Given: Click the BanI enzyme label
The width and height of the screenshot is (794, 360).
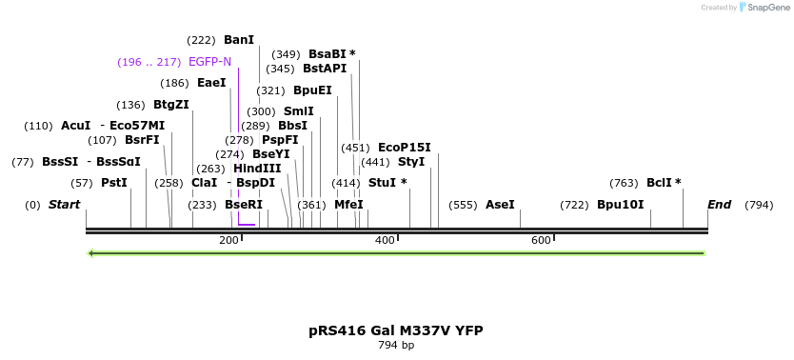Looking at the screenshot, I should (239, 40).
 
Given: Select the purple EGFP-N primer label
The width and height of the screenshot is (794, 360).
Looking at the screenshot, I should (209, 62).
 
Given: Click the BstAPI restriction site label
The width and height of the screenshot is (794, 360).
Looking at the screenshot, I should (325, 69).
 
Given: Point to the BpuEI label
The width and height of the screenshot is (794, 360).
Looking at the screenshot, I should (312, 90).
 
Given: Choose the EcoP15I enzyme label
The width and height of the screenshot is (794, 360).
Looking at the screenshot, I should (404, 148).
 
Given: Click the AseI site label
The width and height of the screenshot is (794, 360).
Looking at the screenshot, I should (500, 205).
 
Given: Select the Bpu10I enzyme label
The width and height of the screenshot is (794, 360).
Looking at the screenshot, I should (620, 205).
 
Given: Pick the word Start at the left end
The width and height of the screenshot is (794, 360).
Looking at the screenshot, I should (64, 205).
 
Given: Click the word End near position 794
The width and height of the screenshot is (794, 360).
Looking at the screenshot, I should (719, 205).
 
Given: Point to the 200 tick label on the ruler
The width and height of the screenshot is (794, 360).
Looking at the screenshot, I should (228, 240).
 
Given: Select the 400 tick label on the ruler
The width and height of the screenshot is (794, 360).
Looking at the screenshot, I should (385, 240).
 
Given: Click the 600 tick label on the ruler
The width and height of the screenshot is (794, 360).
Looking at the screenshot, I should (541, 240).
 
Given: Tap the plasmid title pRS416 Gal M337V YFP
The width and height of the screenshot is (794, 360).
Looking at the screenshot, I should (395, 330).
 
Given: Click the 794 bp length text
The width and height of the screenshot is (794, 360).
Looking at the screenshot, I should (395, 345).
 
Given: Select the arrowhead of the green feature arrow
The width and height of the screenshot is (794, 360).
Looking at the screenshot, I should (91, 253).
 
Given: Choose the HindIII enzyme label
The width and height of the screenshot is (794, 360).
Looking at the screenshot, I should (257, 169).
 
